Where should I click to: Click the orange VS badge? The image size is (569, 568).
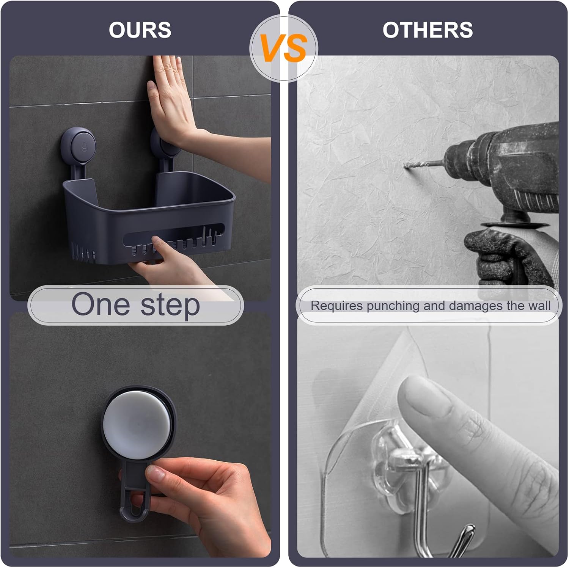click(284, 49)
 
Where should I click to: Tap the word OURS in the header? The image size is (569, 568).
click(140, 30)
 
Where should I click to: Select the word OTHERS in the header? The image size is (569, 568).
click(428, 30)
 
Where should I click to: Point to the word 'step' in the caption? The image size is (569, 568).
click(170, 306)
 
